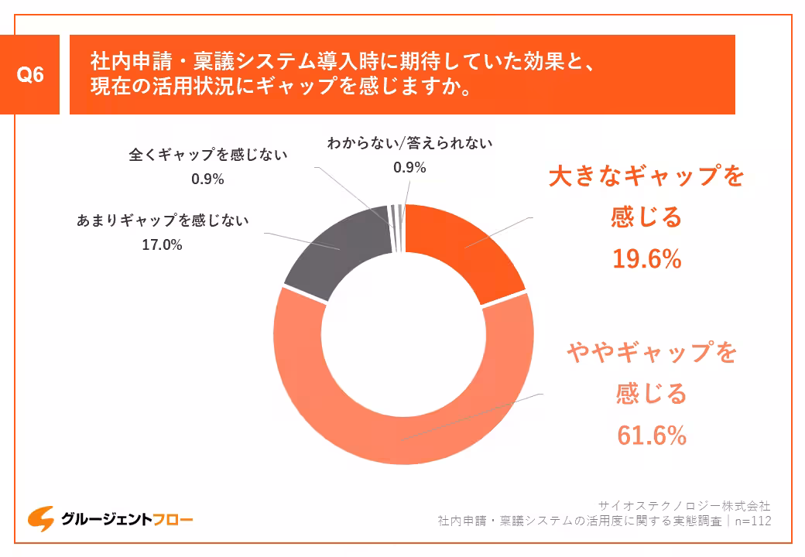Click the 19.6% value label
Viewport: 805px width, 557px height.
point(646,259)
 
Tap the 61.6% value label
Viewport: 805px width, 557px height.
point(652,436)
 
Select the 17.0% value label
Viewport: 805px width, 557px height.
point(162,245)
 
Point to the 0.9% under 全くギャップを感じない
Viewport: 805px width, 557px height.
point(207,179)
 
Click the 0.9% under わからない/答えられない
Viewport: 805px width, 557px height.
point(409,167)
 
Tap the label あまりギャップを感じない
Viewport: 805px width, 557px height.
point(162,220)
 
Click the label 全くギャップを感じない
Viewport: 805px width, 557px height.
point(207,155)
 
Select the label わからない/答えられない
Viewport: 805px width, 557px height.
point(409,143)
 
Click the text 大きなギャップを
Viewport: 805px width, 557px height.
point(646,176)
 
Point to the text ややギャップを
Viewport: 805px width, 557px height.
point(652,353)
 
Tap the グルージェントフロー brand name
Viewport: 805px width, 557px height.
point(127,520)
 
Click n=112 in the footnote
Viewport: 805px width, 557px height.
point(752,521)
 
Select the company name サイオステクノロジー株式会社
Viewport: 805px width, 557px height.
point(685,506)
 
